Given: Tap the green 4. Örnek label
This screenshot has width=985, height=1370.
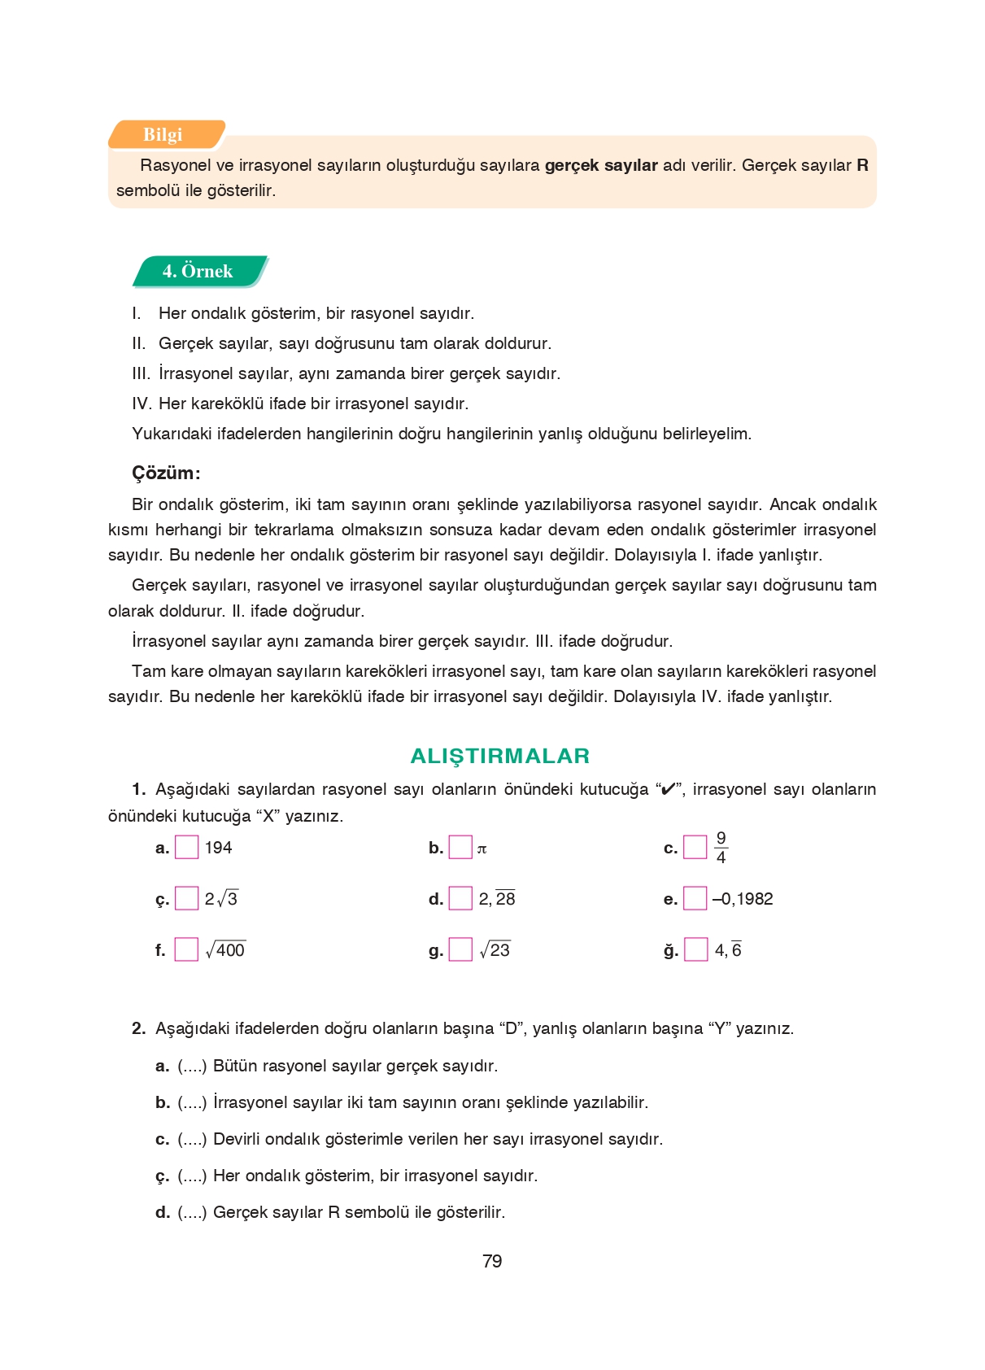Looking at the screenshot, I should click(x=198, y=271).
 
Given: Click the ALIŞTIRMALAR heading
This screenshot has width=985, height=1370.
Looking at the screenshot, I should click(x=499, y=756).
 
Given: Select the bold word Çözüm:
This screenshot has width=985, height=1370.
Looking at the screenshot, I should click(x=166, y=473).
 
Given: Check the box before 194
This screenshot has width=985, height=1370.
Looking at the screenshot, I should click(x=187, y=848).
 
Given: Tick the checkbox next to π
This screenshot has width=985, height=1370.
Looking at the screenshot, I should click(x=460, y=848).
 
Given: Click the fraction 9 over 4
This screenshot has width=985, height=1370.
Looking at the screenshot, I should click(x=721, y=848).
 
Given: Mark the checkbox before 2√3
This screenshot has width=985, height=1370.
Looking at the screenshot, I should click(x=187, y=898).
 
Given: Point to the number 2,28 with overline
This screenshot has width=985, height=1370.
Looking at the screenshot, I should click(x=497, y=899).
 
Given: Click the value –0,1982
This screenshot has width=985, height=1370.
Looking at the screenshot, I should click(x=743, y=899).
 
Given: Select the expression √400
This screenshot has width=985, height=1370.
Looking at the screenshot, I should click(x=225, y=949).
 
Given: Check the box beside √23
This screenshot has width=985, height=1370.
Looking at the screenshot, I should click(x=460, y=949).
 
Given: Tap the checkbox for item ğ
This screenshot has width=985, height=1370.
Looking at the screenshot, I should click(x=695, y=949).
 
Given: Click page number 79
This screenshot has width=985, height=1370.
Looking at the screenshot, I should click(x=492, y=1261).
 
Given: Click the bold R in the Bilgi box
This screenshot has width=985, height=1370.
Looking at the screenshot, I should click(x=862, y=165).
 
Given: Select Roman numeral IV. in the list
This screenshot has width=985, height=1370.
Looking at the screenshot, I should click(x=142, y=404).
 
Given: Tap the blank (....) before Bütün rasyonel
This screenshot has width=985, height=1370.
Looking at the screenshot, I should click(x=192, y=1066).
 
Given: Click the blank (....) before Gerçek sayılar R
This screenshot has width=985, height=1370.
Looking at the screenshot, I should click(x=192, y=1212).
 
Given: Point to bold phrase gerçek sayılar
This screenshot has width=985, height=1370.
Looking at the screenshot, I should click(x=600, y=165).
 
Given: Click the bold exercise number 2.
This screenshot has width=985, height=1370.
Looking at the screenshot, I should click(x=138, y=1028).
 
